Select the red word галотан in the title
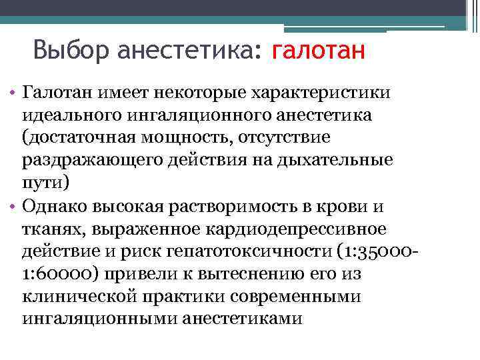[x=319, y=50]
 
